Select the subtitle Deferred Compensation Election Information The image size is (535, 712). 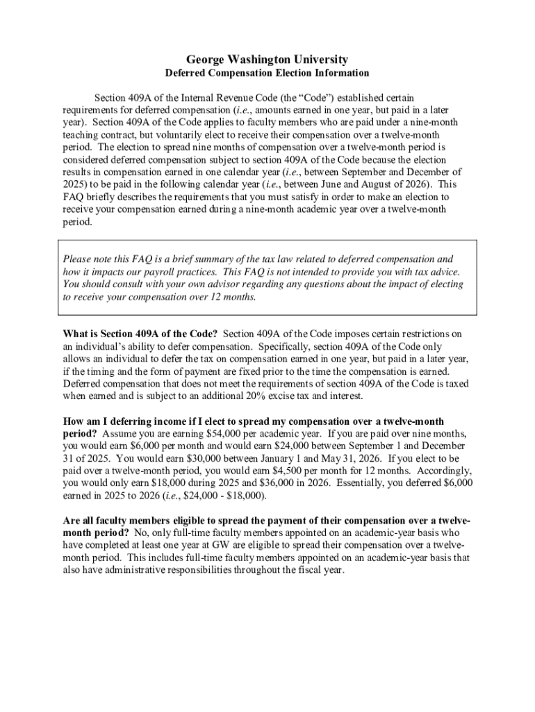267,73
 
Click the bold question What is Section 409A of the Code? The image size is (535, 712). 140,334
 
